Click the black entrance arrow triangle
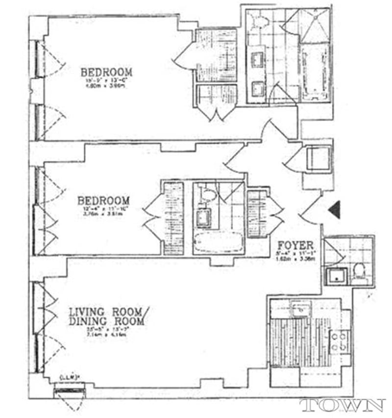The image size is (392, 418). pos(335,209)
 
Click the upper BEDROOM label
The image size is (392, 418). pos(106,72)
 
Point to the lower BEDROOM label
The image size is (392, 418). pos(104,201)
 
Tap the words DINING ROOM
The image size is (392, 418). pos(106,321)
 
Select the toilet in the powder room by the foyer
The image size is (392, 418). pos(359,272)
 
